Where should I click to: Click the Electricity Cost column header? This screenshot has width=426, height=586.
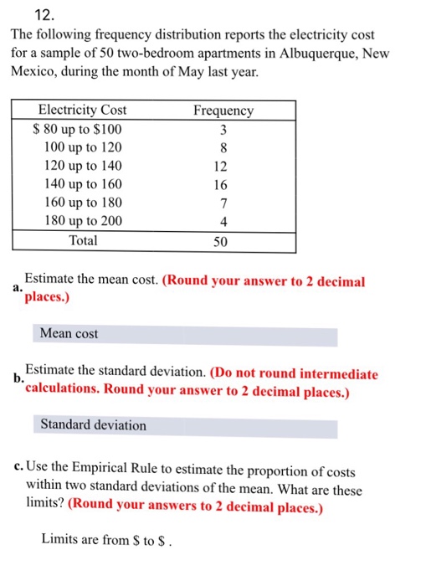(83, 111)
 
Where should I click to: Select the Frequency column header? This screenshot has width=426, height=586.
(223, 111)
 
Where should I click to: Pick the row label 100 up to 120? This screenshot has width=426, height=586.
(82, 147)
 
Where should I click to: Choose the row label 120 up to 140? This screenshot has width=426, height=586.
(82, 166)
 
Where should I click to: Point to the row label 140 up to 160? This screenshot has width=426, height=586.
(82, 184)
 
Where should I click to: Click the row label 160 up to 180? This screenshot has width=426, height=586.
(82, 203)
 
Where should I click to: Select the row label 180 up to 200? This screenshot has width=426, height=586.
(82, 221)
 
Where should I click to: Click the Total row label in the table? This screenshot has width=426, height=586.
(83, 240)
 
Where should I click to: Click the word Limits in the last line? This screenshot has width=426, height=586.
(60, 540)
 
